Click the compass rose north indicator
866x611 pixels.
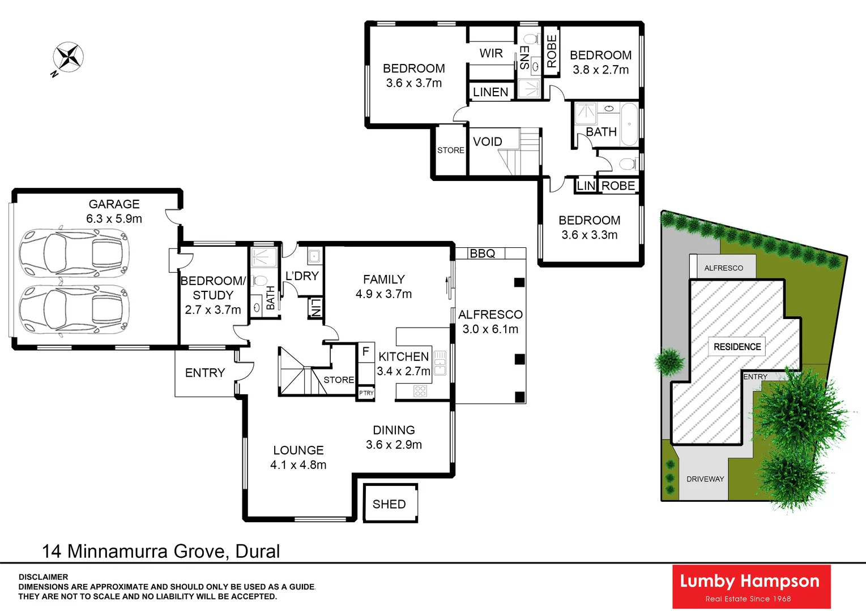point(68,58)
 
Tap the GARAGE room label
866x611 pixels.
point(114,204)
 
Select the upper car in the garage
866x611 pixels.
point(74,253)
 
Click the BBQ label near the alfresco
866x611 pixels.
point(483,253)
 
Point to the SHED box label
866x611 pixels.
point(389,504)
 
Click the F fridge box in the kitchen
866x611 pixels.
point(366,351)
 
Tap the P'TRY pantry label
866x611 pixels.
point(366,393)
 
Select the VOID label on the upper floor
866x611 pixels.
point(487,141)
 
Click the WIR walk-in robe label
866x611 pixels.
point(490,53)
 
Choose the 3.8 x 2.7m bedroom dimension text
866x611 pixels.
point(600,70)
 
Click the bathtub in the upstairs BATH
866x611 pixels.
point(629,124)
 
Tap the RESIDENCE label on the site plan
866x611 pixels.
point(737,347)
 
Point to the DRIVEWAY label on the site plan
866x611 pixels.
point(705,479)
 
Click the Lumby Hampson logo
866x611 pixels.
point(751,587)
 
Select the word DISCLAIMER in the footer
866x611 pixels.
point(43,577)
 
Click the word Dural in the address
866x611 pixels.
point(257,551)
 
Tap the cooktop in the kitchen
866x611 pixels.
point(420,391)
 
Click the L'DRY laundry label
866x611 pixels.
point(302,276)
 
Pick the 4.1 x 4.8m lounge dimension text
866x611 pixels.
point(298,465)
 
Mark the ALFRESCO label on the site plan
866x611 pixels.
point(723,268)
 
